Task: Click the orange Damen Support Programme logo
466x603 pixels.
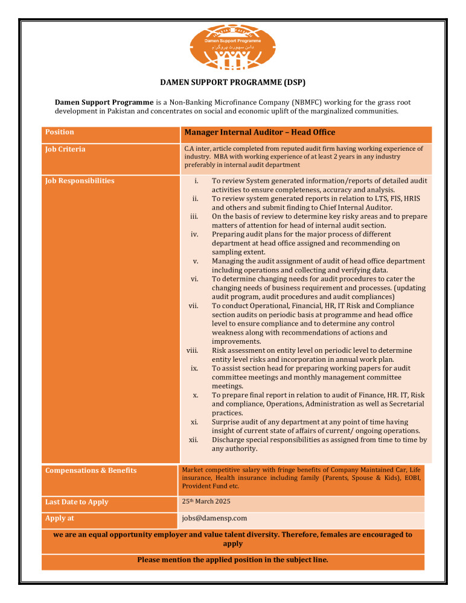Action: tap(232, 47)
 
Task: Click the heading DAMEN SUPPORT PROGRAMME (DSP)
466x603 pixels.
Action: tap(232, 82)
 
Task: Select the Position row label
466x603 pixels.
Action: tap(60, 132)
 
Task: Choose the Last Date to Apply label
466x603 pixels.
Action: tap(77, 502)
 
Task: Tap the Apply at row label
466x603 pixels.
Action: tap(60, 517)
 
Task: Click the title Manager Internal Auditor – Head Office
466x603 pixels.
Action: tap(260, 132)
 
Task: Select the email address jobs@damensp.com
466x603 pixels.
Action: tap(214, 518)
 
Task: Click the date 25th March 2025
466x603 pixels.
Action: tap(205, 501)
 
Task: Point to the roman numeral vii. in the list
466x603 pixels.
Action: tap(194, 306)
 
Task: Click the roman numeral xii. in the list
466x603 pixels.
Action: tap(194, 440)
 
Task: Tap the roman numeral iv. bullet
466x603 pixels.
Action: tap(195, 234)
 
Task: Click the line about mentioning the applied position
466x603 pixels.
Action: tap(232, 560)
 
